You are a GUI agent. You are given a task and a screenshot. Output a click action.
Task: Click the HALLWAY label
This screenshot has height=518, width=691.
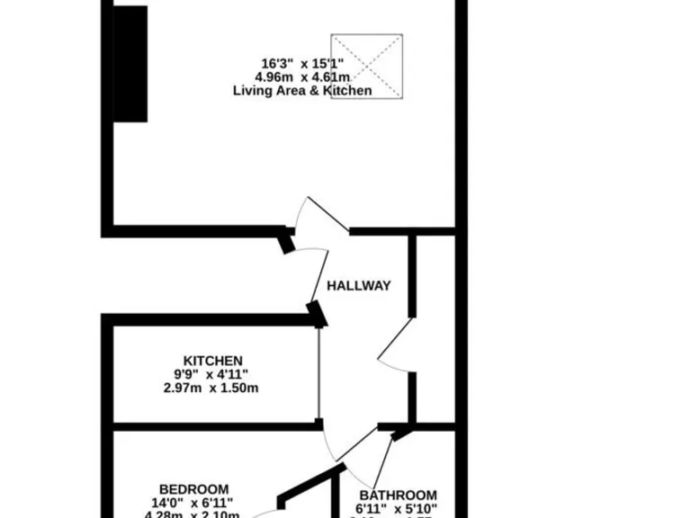tap(358, 286)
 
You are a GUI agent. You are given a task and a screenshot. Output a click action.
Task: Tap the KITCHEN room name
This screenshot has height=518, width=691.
tap(213, 361)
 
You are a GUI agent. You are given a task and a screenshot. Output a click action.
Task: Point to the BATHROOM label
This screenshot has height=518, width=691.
tap(399, 496)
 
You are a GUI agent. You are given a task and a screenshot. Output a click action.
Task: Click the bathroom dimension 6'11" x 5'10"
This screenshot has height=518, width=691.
tap(399, 509)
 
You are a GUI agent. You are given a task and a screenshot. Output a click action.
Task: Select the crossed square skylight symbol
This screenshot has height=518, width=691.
tap(366, 67)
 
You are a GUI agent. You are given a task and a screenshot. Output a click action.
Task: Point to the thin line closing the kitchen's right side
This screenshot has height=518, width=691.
tap(319, 373)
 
